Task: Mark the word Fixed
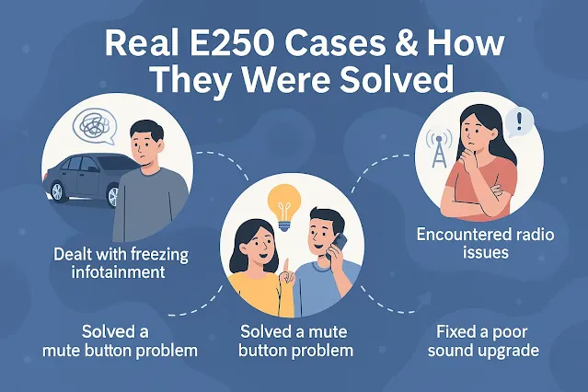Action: (455, 329)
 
